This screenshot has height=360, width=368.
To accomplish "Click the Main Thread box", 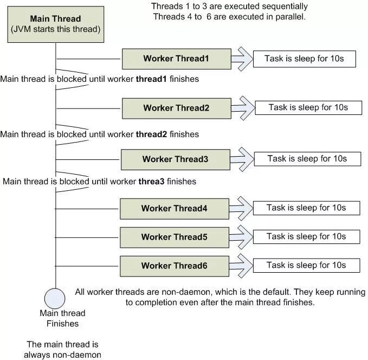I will (x=55, y=24).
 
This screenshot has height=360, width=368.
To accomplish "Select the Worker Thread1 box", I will (x=176, y=59).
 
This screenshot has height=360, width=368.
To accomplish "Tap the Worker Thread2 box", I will (x=176, y=108).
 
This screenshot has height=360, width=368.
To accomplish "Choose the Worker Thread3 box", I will (x=175, y=159).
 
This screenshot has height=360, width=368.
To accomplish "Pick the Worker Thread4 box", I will (x=174, y=208).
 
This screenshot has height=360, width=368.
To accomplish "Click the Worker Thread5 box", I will (x=174, y=237).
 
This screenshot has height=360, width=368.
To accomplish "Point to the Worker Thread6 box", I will (x=174, y=266).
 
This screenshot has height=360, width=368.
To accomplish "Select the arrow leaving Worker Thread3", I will (x=242, y=158).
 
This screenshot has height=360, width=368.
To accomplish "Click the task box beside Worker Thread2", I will (x=308, y=107).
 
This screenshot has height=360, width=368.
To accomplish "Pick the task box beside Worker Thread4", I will (x=306, y=208).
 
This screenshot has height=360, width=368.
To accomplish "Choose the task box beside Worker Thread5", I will (x=306, y=236).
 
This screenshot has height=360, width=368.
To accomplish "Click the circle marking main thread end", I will (x=55, y=298).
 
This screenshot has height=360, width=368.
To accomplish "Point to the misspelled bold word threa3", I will (x=151, y=182).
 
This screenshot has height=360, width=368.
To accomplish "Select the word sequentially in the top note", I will (x=283, y=7).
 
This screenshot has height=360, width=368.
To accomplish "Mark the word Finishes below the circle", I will (x=62, y=324).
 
